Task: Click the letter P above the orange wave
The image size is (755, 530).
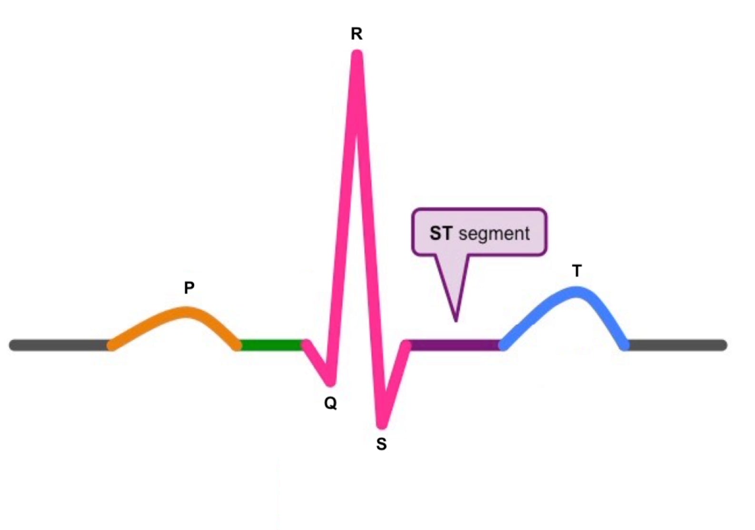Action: click(x=189, y=288)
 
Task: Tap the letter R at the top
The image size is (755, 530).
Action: click(x=357, y=34)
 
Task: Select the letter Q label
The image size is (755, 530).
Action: click(x=330, y=403)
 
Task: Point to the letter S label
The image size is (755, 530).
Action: click(x=381, y=444)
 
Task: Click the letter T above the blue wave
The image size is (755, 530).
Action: click(x=577, y=271)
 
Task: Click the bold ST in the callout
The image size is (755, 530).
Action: click(x=441, y=233)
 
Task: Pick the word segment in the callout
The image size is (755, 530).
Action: click(x=494, y=234)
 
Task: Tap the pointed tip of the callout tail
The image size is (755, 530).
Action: click(x=456, y=321)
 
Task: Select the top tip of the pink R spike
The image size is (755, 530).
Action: click(x=357, y=53)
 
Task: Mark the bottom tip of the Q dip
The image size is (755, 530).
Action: click(x=330, y=382)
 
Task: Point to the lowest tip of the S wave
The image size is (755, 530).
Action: click(x=382, y=425)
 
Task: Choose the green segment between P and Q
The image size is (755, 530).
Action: click(x=271, y=345)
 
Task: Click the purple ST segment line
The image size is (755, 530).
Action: click(x=455, y=345)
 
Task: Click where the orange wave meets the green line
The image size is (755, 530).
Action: click(x=238, y=345)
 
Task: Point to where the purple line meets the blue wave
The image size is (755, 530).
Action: click(x=502, y=345)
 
